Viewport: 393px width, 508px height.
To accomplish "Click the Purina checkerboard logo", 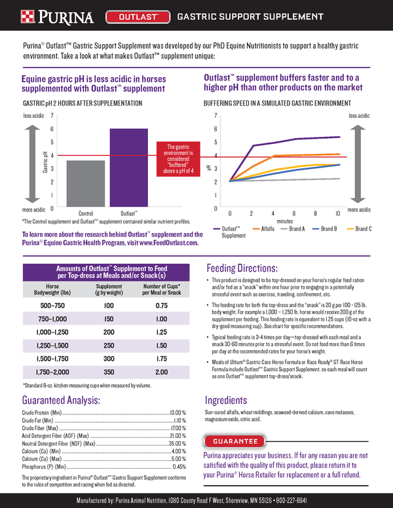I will coord(12,16).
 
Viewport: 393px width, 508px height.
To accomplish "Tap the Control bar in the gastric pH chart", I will coord(86,184).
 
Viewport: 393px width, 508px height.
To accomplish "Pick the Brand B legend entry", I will coord(323,229).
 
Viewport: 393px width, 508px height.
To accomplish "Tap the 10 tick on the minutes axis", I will coord(337,213).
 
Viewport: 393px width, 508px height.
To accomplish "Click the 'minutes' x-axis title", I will coord(284,221).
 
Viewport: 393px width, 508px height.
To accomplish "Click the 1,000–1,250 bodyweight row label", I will coord(53,332).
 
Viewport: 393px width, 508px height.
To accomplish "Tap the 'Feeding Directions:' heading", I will coord(242,268).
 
